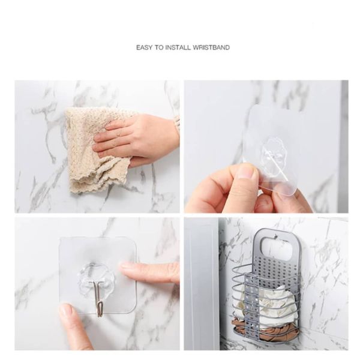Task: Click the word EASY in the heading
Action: point(144,47)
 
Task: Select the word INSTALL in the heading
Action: point(178,47)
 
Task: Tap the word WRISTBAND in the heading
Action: point(211,47)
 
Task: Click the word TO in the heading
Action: point(159,47)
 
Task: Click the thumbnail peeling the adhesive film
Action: point(247,170)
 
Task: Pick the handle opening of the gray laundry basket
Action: point(277,248)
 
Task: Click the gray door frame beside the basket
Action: point(202,284)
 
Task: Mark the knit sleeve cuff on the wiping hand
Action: point(177,126)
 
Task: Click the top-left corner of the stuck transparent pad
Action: point(60,239)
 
